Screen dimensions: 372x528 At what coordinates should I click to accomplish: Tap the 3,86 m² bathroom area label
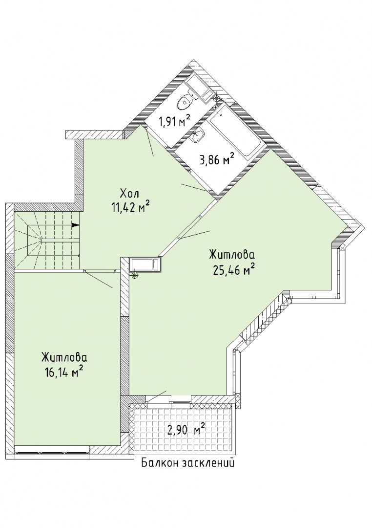pos(217,159)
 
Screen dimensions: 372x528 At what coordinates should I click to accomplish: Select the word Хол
pos(129,194)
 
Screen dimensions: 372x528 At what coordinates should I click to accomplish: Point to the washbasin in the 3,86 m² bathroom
pos(198,136)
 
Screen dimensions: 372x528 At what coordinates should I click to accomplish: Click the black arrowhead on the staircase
pos(76,225)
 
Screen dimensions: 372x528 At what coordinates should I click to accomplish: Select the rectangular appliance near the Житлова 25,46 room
pos(145,264)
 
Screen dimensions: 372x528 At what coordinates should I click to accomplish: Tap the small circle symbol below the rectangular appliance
pos(135,275)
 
